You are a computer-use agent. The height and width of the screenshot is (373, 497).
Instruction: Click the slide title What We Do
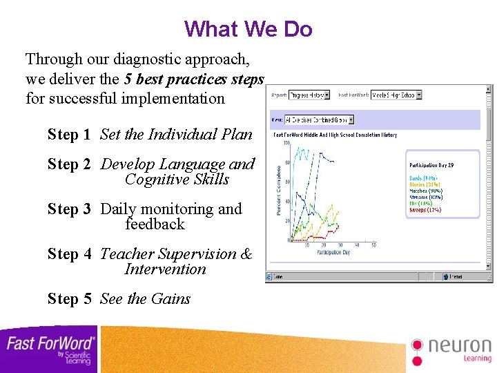[x=248, y=29]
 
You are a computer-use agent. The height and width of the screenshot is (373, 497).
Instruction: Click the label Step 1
[x=68, y=135]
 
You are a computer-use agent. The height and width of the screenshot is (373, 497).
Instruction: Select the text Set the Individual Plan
[x=176, y=135]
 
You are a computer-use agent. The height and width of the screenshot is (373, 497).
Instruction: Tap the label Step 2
[x=68, y=164]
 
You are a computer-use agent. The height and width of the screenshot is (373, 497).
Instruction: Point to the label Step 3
[x=68, y=209]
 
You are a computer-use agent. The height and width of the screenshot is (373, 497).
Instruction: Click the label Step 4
[x=68, y=254]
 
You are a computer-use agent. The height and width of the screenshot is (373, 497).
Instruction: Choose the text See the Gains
[x=145, y=299]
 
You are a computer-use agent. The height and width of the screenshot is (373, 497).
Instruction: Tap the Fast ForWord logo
[x=50, y=349]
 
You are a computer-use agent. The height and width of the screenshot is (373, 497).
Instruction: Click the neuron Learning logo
[x=451, y=350]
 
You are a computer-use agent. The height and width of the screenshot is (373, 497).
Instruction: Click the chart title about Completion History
[x=335, y=135]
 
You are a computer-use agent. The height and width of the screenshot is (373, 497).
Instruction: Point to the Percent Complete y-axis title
[x=279, y=189]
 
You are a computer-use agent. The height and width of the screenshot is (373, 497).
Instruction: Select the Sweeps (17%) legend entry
[x=425, y=209]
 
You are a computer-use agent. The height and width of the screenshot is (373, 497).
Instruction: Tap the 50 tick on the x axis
[x=373, y=245]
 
